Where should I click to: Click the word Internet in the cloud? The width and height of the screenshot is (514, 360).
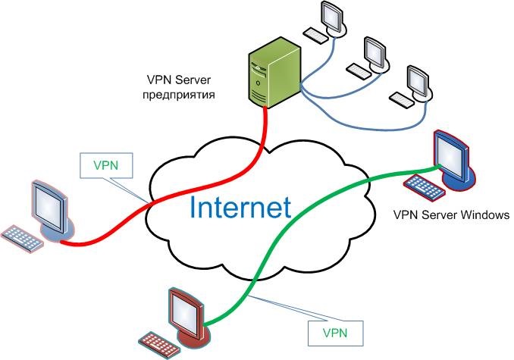(240, 207)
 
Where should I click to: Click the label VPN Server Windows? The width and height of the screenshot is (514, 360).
(450, 215)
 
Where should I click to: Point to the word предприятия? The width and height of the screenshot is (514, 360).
(180, 96)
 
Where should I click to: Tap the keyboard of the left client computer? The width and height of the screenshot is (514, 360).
(24, 236)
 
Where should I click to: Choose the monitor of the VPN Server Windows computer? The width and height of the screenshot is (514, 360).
(451, 156)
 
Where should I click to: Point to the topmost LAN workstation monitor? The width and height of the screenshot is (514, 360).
(333, 17)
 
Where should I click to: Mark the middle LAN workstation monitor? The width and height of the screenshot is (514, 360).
(375, 51)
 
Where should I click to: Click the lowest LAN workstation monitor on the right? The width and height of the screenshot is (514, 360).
(418, 84)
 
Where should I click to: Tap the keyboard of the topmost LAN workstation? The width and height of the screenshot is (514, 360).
(315, 34)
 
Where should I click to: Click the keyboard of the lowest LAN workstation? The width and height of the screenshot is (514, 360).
(400, 99)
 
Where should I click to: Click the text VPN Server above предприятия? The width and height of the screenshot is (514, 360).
(180, 80)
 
